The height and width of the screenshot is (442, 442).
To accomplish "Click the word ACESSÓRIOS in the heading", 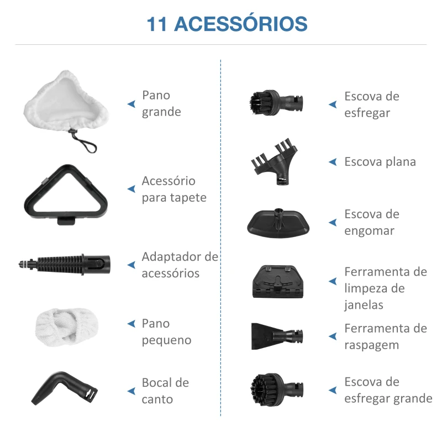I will coord(241,24).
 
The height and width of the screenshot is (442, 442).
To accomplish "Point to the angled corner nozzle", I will coord(61,387).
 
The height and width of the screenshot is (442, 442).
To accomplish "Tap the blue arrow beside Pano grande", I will coord(131,103).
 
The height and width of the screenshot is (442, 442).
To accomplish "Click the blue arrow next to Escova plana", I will coord(333,162).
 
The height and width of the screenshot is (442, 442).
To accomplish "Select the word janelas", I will coord(364,305).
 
